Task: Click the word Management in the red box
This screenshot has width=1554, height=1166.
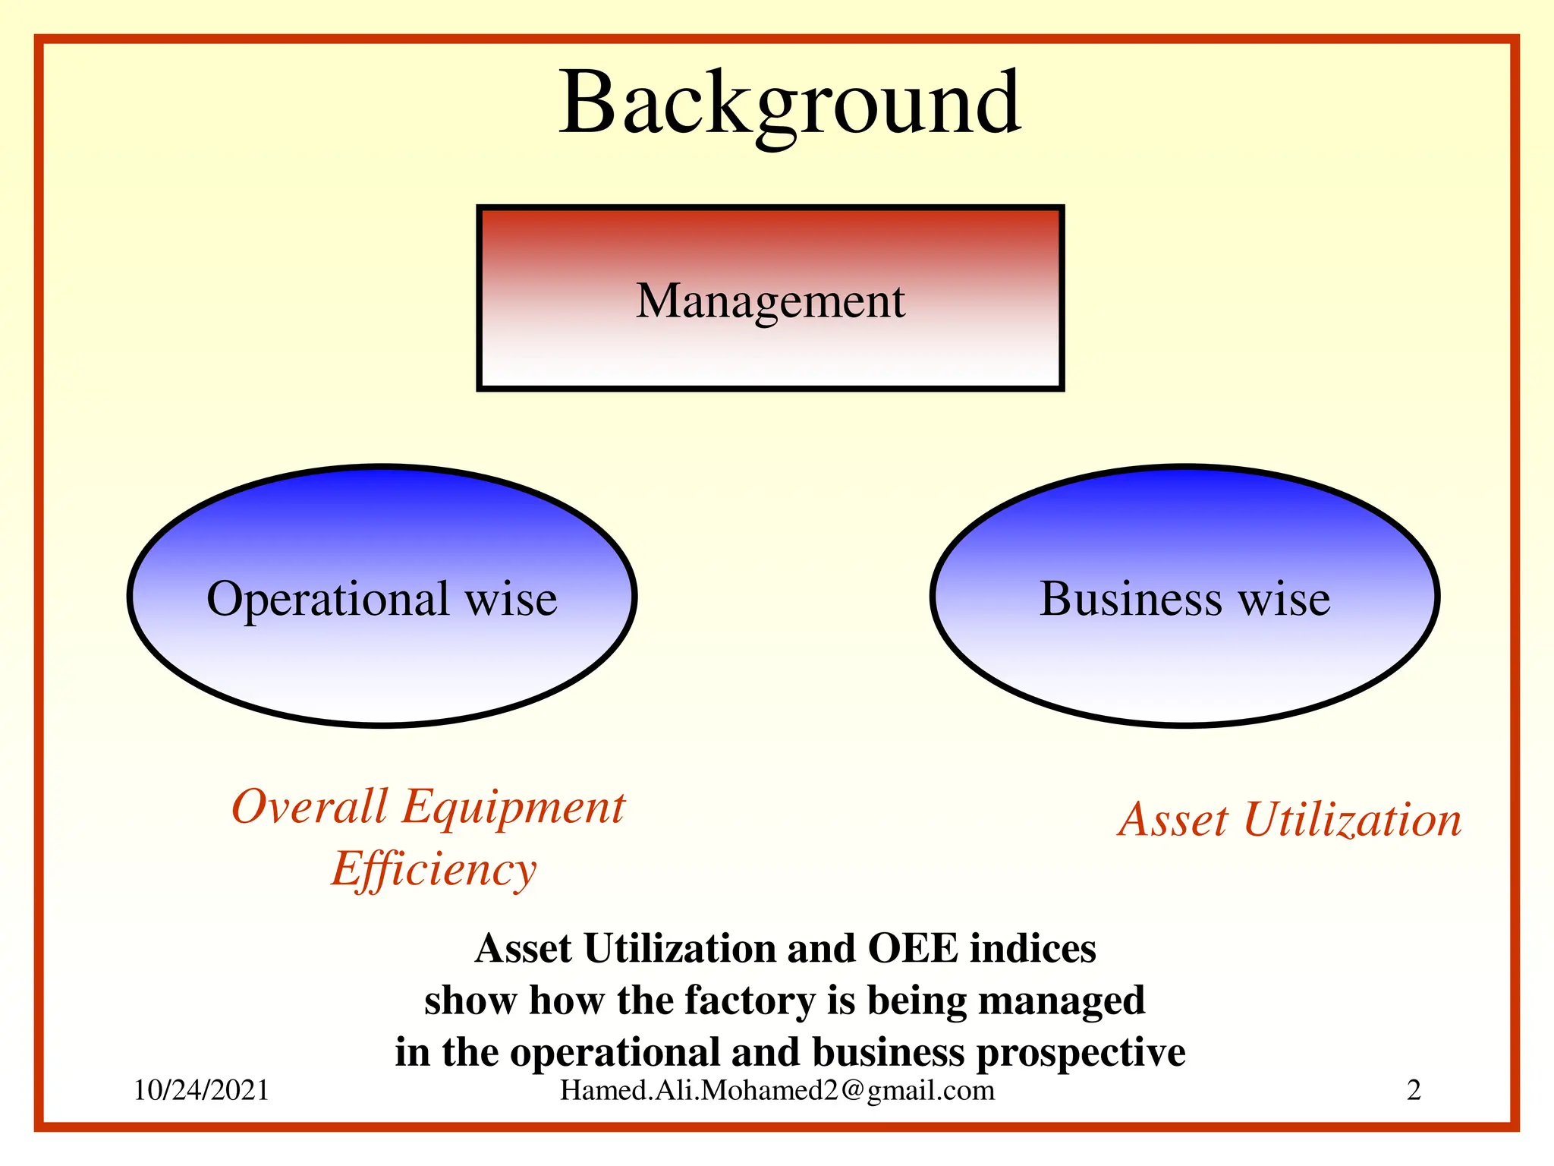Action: [x=770, y=301]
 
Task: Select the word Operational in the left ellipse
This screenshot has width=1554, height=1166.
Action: [x=328, y=600]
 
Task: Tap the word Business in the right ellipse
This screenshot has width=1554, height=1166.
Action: [x=1130, y=598]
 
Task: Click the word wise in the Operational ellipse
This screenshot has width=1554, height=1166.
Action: [x=511, y=600]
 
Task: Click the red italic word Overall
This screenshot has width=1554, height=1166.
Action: [x=310, y=806]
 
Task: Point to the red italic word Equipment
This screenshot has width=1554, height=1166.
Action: [x=513, y=808]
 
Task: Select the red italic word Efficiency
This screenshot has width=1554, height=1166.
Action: [x=433, y=870]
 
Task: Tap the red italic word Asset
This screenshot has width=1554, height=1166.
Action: [x=1173, y=820]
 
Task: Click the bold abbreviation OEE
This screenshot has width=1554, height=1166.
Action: [x=913, y=949]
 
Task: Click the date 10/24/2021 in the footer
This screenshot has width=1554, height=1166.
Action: [x=201, y=1090]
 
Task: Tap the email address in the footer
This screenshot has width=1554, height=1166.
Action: [x=777, y=1090]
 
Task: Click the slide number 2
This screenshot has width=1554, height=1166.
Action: [x=1414, y=1090]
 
